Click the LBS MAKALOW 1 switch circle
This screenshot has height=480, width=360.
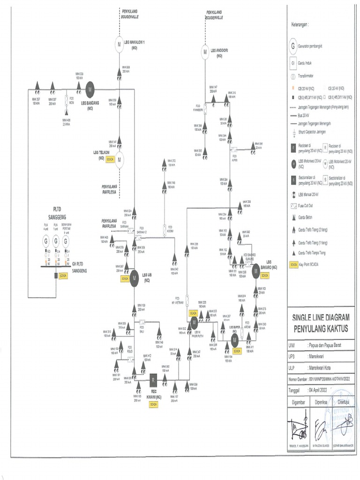[120, 44]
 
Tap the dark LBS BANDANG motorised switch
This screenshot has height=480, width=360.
[90, 87]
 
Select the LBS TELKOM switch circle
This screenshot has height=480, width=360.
[120, 159]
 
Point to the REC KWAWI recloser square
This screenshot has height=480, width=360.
[152, 379]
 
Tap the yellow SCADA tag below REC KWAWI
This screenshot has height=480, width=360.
[153, 404]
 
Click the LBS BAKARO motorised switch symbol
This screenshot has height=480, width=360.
[256, 270]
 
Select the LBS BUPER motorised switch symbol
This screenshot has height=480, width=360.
[235, 341]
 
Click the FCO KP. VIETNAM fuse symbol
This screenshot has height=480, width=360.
[187, 299]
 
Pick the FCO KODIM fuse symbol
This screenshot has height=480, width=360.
[165, 230]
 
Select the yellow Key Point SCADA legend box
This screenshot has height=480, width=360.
[293, 264]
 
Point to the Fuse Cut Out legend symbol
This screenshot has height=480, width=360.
[293, 205]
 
